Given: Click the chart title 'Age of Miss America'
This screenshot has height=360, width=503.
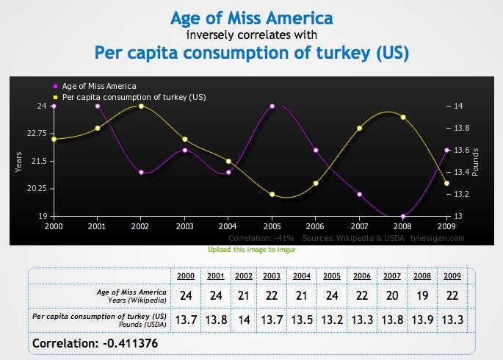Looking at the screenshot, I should [251, 17].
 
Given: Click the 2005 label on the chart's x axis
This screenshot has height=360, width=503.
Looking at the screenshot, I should [272, 226].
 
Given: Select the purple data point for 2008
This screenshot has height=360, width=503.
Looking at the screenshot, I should [404, 216].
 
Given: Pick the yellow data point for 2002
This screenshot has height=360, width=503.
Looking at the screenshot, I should [141, 106].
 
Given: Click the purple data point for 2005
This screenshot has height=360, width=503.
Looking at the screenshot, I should [272, 106].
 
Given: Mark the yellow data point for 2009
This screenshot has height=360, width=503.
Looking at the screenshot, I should [447, 183].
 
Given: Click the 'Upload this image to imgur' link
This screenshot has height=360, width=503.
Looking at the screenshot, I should [251, 250].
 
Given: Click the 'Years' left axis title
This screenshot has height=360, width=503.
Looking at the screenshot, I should [18, 161].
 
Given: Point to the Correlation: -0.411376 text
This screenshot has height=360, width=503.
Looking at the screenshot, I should [95, 343].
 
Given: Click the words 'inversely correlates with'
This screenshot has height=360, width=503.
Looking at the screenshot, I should [251, 35].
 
